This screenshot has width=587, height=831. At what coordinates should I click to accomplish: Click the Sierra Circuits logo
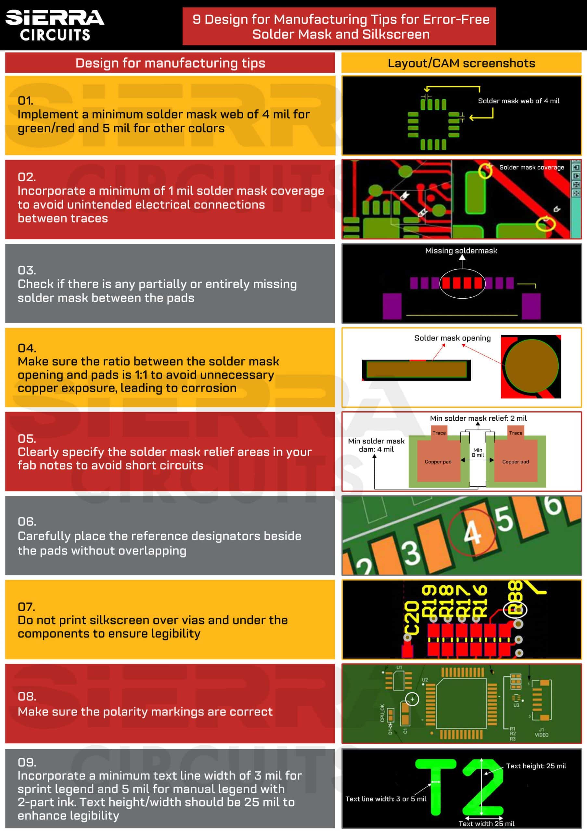click(x=54, y=25)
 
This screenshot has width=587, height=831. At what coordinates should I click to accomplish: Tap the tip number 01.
click(x=25, y=100)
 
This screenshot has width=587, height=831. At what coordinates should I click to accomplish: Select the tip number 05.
click(x=26, y=438)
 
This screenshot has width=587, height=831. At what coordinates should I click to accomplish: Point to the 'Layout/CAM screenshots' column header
click(x=461, y=63)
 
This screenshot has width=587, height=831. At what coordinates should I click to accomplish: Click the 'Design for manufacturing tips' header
click(x=170, y=63)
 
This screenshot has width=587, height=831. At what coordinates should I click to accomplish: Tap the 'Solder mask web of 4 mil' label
click(x=518, y=101)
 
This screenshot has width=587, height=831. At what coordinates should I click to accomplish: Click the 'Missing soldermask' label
click(x=461, y=251)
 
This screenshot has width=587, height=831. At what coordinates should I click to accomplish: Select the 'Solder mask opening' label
click(x=452, y=338)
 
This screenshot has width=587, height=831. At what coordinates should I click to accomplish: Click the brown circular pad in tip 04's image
click(x=531, y=366)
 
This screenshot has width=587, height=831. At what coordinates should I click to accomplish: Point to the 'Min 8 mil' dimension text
click(x=478, y=453)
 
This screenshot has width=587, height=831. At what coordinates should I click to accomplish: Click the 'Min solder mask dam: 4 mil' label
click(x=376, y=445)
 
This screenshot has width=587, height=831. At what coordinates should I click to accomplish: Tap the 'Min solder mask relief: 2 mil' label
click(x=478, y=418)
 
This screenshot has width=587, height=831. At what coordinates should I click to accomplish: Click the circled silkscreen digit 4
click(x=472, y=532)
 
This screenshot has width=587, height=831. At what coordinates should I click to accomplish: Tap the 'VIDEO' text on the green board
click(x=542, y=735)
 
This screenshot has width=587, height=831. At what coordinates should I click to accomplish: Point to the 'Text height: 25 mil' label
click(x=536, y=766)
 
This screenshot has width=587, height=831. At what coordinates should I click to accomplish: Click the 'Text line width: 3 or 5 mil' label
click(x=385, y=799)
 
